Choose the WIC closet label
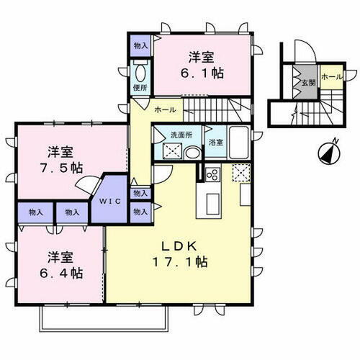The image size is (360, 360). (109, 201)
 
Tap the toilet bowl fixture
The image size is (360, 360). (140, 73)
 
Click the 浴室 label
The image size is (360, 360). (215, 142)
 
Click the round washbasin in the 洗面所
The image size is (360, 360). (192, 153)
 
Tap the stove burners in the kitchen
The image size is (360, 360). (212, 174)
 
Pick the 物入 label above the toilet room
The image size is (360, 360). (141, 45)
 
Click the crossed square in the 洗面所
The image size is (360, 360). (172, 151)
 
